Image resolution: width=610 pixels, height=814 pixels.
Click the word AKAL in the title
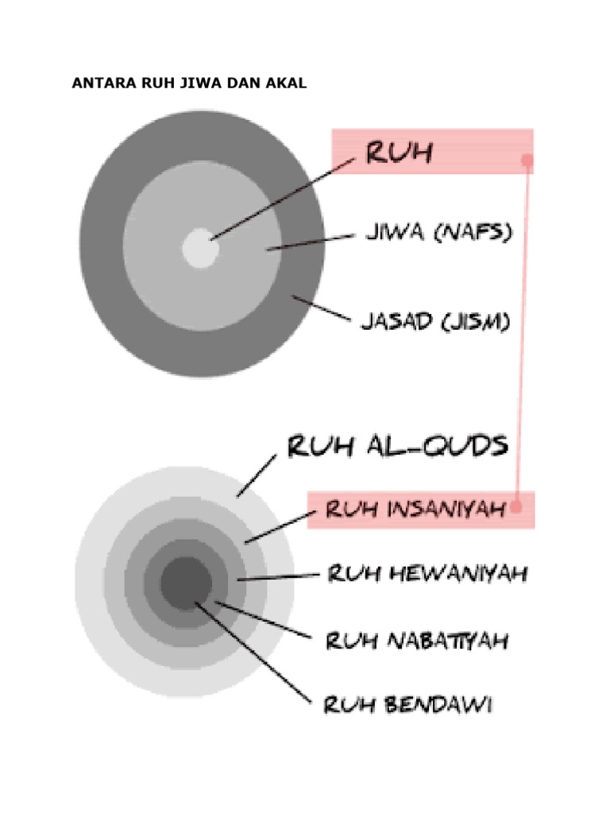click(288, 83)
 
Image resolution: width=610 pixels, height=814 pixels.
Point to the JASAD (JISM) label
click(435, 323)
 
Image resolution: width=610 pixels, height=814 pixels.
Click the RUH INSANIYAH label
click(416, 508)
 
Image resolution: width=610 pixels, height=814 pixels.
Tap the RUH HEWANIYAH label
click(427, 574)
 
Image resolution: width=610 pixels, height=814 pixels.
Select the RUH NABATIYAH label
click(416, 640)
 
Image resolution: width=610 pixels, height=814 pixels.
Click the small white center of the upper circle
click(199, 247)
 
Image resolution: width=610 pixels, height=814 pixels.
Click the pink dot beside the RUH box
click(526, 161)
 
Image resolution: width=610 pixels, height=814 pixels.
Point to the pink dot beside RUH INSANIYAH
click(516, 506)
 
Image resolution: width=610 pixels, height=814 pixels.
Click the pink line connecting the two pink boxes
click(522, 334)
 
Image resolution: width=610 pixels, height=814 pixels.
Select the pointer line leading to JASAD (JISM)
click(321, 309)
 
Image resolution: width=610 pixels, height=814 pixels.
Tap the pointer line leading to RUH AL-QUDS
click(256, 476)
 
